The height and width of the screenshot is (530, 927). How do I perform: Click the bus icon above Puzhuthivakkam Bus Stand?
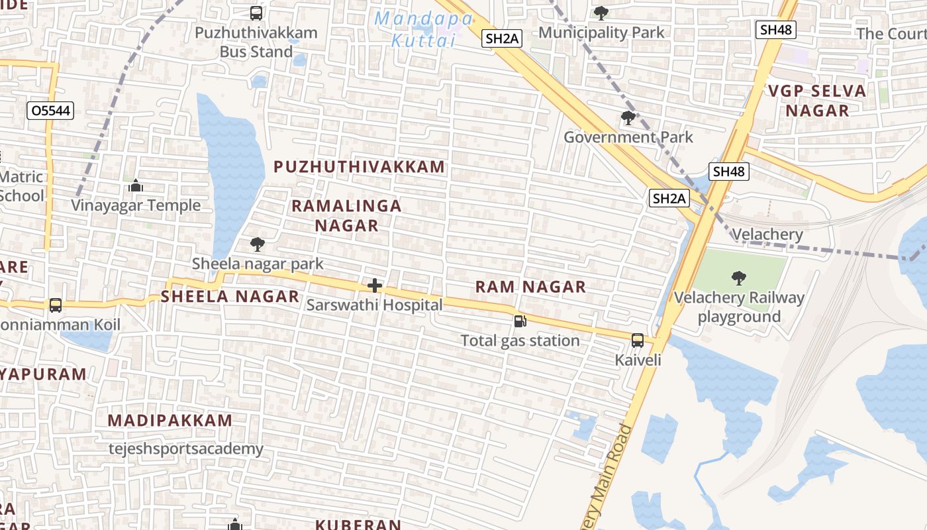point(256,13)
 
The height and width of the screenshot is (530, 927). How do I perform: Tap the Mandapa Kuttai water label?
point(423,29)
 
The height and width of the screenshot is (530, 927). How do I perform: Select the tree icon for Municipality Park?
point(601,13)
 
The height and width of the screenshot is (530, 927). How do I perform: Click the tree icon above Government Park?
point(628,119)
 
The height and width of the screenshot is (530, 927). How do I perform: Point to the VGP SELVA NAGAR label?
point(817,101)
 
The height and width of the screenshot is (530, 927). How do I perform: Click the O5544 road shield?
point(50,111)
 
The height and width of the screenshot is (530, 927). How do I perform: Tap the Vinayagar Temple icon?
point(136,185)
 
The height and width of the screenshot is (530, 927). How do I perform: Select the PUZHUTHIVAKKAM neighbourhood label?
point(360,167)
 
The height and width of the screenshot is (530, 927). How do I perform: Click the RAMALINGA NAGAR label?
point(346,215)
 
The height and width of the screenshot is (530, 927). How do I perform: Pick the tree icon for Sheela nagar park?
point(257,244)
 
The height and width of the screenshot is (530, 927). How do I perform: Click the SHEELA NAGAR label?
point(230,297)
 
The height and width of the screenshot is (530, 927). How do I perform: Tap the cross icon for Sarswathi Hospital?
point(375,286)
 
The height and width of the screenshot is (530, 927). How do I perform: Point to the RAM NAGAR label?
point(530,287)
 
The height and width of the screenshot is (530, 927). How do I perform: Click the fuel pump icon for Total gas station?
point(520,321)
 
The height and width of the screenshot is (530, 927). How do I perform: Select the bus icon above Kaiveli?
point(638,341)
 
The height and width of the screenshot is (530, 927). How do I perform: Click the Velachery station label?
point(767,235)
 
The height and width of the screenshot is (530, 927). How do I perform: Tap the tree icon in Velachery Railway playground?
point(738,278)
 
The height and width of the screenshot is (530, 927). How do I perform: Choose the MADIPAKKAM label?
point(170,421)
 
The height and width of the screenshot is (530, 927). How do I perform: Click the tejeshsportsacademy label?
point(186,449)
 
